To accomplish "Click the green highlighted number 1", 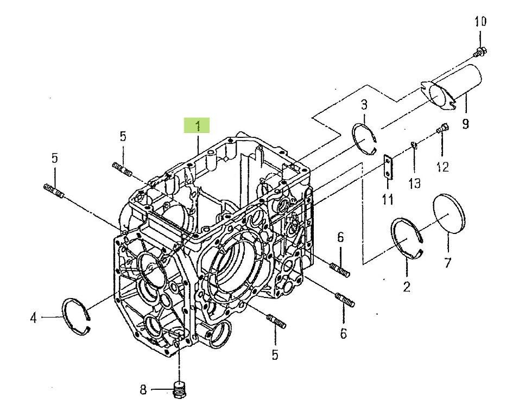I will coord(197,126).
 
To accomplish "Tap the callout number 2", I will coord(407,287).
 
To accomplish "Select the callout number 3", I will coord(364,104).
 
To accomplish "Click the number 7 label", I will coord(447,263).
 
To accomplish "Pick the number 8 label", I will coord(143,389).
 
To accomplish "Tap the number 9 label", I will coord(465,124).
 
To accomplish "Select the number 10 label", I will coord(480,22).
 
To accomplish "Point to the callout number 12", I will coord(442,167).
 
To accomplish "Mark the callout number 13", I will coord(414,183).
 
